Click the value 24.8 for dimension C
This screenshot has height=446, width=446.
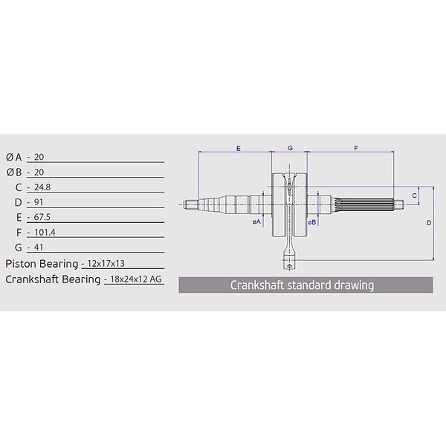tap(42, 187)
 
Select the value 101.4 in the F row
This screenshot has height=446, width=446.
tap(45, 233)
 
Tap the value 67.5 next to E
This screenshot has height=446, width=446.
tap(42, 217)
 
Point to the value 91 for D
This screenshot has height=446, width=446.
tap(39, 202)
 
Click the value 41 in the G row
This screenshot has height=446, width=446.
tap(39, 248)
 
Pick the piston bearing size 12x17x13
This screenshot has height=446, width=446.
tap(106, 263)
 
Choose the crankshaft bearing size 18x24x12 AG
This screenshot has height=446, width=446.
tap(136, 279)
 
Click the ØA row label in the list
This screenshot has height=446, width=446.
tap(14, 158)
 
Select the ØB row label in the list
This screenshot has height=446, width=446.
tap(14, 172)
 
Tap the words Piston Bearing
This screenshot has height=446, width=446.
tap(42, 264)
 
